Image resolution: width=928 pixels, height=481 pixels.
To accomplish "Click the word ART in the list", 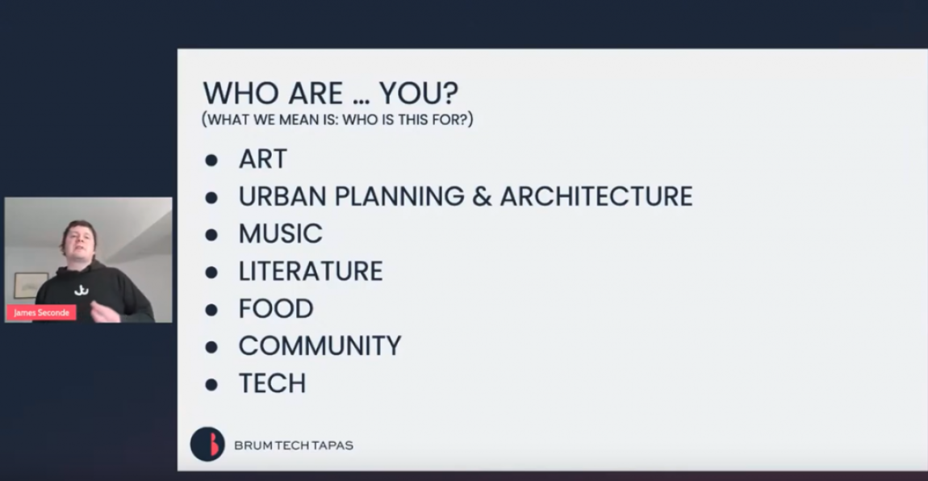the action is point(263,159).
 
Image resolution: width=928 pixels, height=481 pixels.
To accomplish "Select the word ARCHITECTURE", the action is point(596,196).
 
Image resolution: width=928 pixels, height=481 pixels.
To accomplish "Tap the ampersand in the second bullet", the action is point(482,196).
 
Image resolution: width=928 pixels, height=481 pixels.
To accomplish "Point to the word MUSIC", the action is point(281,234).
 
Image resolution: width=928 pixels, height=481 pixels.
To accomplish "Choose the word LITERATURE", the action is point(311,271).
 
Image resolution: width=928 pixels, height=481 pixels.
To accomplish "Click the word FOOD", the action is point(276,308).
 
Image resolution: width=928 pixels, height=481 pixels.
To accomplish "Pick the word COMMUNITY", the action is point(320,345).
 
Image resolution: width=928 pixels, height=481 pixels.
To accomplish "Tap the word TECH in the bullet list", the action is point(272,383).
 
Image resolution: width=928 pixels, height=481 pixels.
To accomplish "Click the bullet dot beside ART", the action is point(211,160).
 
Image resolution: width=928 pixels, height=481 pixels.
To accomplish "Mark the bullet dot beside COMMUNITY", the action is point(211,347).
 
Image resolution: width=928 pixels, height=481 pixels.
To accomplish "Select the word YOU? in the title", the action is point(419,93).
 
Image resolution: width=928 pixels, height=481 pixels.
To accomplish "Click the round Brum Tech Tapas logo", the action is point(207,445).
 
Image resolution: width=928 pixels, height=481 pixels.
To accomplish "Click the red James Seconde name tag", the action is point(41,312).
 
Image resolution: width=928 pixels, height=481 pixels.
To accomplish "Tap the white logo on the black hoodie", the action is point(81,290).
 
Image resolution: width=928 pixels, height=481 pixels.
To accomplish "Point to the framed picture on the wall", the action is point(31,285).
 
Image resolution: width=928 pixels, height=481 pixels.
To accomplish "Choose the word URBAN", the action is point(283,196).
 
